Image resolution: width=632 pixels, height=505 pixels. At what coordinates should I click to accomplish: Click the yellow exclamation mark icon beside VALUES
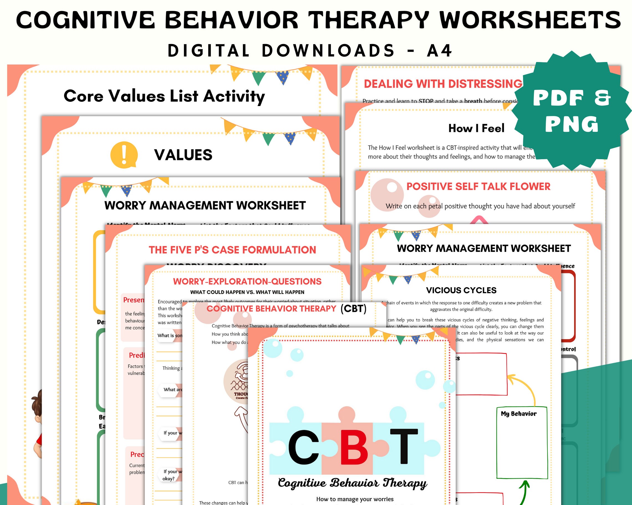[x=124, y=155]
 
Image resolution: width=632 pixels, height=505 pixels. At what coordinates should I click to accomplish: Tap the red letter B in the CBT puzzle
[x=354, y=447]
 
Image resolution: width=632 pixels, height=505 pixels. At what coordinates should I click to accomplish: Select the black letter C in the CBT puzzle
[x=304, y=447]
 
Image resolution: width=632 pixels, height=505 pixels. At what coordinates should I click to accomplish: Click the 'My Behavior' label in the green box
[x=519, y=414]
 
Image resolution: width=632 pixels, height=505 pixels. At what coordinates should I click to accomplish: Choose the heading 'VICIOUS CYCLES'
[x=461, y=290]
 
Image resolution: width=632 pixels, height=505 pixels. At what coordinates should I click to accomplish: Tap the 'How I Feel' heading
[x=476, y=128]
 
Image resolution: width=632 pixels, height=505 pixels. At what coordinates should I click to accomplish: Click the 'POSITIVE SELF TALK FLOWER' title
[x=478, y=187]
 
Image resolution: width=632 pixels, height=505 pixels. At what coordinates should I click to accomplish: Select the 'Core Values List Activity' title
[x=164, y=96]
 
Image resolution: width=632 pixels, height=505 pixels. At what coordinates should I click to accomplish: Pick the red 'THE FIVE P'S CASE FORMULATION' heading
[x=232, y=250]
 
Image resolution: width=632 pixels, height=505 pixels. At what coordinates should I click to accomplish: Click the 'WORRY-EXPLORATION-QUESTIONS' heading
[x=247, y=281]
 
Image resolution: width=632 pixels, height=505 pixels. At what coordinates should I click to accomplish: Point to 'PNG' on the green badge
[x=571, y=124]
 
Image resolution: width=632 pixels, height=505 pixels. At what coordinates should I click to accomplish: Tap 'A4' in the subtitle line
[x=440, y=51]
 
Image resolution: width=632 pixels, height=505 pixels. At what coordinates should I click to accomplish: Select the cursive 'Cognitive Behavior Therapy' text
[x=352, y=483]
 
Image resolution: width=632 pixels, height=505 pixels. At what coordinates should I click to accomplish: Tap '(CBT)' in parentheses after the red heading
[x=353, y=308]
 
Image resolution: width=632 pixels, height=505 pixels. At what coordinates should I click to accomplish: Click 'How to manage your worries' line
[x=355, y=499]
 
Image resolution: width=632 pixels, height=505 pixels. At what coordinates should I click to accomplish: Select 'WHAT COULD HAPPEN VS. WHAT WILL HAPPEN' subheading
[x=247, y=292]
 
